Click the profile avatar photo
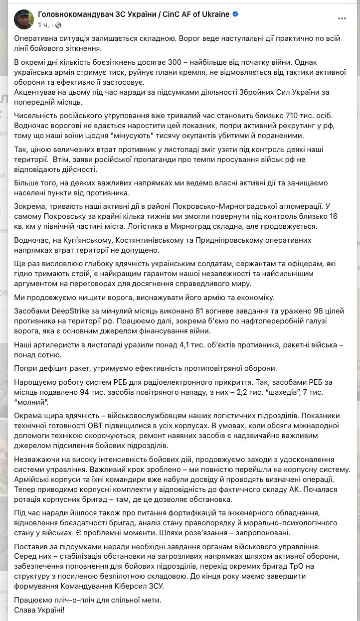click(x=24, y=19)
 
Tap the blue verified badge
click(x=235, y=14)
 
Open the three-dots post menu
click(x=342, y=18)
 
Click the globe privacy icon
click(x=58, y=25)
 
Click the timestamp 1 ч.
click(x=43, y=25)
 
